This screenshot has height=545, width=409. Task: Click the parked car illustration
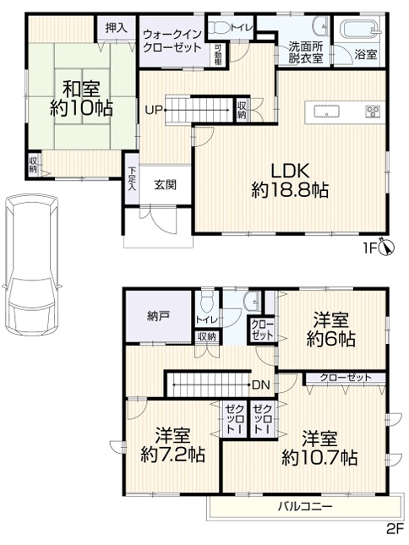31,265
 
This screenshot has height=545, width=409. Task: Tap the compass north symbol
388,247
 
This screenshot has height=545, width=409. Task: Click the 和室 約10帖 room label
81,98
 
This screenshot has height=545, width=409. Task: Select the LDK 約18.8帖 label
290,180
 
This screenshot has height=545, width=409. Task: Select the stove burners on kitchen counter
374,112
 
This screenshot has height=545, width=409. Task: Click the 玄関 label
165,185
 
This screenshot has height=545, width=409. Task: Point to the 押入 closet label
116,28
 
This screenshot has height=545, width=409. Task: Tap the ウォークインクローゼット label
172,41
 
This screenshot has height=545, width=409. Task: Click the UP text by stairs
154,111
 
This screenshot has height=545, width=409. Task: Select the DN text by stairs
261,384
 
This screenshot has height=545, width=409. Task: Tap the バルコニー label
304,506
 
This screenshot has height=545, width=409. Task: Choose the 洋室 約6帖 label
330,330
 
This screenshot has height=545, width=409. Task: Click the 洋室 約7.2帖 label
172,445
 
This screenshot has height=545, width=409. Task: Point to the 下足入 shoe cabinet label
132,179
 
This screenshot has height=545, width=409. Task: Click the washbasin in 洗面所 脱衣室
320,27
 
